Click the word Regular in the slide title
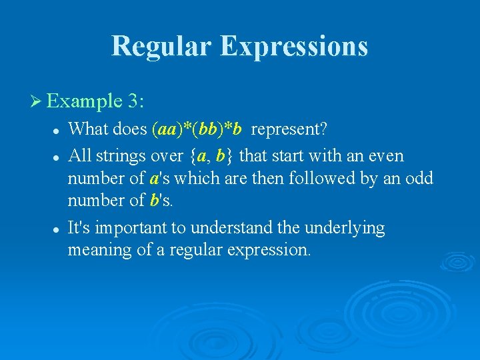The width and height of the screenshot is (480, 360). point(161,46)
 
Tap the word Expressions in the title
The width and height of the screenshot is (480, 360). point(294,46)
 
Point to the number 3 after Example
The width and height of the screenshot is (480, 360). point(134,102)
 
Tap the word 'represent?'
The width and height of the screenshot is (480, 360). point(289,128)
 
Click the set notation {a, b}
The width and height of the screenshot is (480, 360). point(211,156)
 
